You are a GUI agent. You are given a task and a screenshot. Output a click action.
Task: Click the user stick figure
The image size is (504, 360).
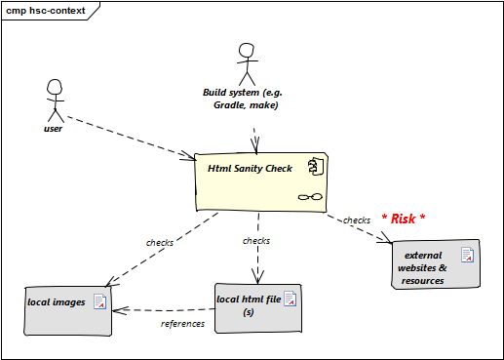click(x=55, y=100)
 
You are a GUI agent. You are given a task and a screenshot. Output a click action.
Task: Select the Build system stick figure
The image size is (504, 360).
click(x=247, y=64)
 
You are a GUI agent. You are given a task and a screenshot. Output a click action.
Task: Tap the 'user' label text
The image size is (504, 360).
click(x=53, y=129)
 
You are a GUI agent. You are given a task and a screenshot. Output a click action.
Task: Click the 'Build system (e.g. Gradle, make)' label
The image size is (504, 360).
click(x=243, y=99)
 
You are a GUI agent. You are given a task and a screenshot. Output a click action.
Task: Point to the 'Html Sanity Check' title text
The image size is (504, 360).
click(x=250, y=169)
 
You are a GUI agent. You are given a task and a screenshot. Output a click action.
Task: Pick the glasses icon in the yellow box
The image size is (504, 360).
click(x=310, y=197)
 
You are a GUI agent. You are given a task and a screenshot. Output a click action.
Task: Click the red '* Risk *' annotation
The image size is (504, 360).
click(x=404, y=219)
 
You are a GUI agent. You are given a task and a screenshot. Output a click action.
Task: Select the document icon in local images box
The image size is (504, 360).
click(x=100, y=301)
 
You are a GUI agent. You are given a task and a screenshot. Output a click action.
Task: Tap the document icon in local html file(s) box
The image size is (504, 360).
click(x=291, y=299)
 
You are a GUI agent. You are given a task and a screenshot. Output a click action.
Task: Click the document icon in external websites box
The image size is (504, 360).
click(x=467, y=255)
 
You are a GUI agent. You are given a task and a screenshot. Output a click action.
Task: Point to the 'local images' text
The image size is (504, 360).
click(x=57, y=302)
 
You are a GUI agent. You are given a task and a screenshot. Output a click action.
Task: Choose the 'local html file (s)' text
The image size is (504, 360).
click(x=249, y=305)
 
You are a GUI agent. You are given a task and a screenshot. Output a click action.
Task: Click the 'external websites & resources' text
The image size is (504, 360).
click(x=422, y=268)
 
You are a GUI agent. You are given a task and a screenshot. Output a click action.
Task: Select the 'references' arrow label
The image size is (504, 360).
click(x=182, y=324)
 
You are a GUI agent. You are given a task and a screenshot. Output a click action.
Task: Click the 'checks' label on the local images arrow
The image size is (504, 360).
click(x=160, y=243)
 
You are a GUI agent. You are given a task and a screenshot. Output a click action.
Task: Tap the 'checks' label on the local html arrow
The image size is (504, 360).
click(x=256, y=241)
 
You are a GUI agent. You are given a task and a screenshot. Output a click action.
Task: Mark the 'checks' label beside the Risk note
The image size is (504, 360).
click(x=357, y=220)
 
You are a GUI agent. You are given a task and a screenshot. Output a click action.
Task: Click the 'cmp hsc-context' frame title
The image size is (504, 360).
click(x=46, y=11)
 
